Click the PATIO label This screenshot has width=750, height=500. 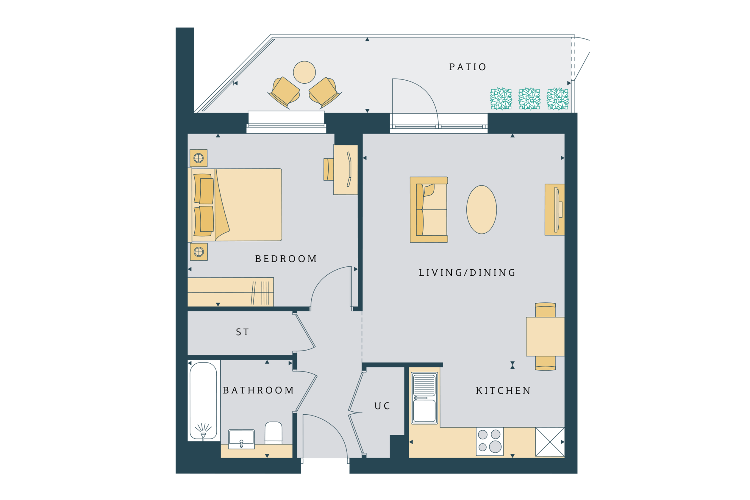pos(468,67)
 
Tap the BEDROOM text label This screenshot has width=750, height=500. pos(286,259)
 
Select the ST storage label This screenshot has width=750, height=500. pos(242,332)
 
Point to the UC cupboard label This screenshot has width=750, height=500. pos(382,406)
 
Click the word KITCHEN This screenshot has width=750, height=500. pos(504,390)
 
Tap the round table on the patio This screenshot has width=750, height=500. pos(304,72)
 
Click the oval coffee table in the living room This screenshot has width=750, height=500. pos(482,210)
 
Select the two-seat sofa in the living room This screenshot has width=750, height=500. pos(429,210)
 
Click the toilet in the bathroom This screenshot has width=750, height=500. pos(273,433)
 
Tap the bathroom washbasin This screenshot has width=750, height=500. pos(241,439)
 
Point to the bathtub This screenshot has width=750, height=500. pos(204,401)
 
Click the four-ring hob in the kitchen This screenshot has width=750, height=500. pos(490,441)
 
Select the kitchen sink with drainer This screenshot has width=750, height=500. pos(424,398)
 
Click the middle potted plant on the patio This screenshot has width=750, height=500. pos(529,99)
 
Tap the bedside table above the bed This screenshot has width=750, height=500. pos(199,158)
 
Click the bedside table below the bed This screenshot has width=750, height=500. pos(199,252)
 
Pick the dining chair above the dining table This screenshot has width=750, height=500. pos(545,310)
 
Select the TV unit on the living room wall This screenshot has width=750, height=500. pos(555,210)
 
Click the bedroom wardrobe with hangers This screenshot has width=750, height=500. pos(231,292)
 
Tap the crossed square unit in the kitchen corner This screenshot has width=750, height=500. pos(550,442)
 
